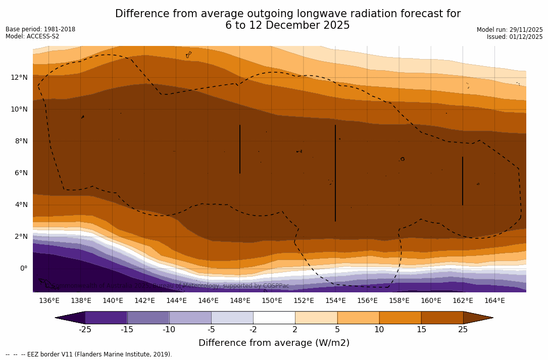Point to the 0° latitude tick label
pos(24,268)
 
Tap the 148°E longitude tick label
pos(240,300)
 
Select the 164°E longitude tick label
pos(494,300)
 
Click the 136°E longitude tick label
pos(49,300)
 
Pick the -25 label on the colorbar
pos(85,330)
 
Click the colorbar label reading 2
pos(295,330)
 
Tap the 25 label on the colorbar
pos(463,330)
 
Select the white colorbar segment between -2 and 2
pos(274,318)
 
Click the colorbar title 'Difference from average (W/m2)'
pos(274,343)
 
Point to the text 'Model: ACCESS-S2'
pos(32,36)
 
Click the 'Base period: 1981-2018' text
pos(40,29)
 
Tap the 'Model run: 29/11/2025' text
pos(510,30)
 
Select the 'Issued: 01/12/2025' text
pos(515,37)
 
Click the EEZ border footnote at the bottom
pos(89,354)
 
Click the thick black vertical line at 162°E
pos(463,181)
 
